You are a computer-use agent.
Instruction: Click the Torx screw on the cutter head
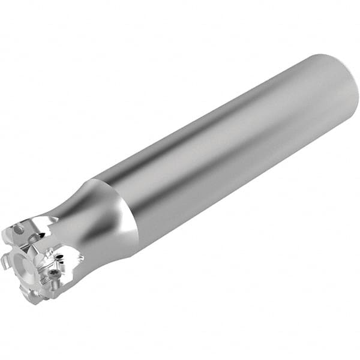coord(55,273)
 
